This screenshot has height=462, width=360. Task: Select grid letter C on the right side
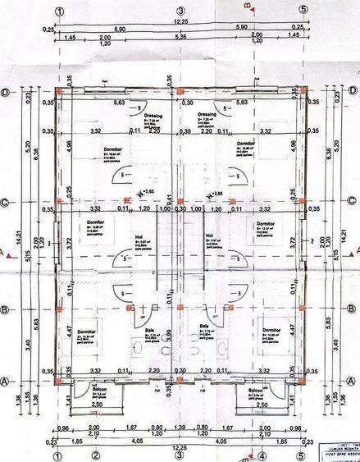(351, 204)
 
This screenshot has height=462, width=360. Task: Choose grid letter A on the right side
(351, 382)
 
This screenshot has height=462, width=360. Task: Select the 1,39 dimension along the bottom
(180, 428)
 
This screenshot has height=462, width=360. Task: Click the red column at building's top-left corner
(59, 93)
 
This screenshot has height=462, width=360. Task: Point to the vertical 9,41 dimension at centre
(169, 197)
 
